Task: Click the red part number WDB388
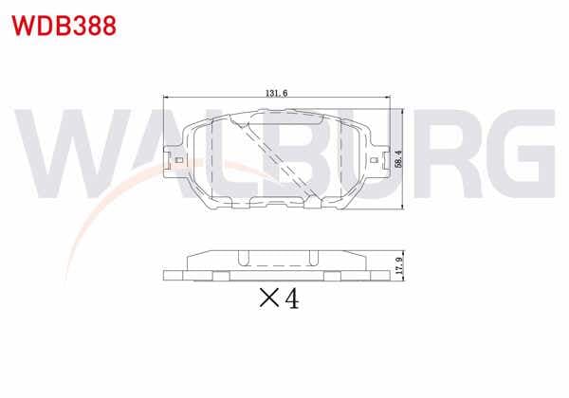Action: tap(64, 26)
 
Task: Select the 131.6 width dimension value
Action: tap(277, 93)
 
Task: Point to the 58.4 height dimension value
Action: tap(399, 158)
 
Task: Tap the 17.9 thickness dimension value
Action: tap(399, 265)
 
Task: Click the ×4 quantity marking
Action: tap(279, 298)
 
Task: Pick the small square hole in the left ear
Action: tap(179, 160)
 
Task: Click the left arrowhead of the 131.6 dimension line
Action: tap(166, 98)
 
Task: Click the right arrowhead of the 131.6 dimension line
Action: tap(387, 98)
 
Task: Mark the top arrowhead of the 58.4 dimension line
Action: tap(403, 111)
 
